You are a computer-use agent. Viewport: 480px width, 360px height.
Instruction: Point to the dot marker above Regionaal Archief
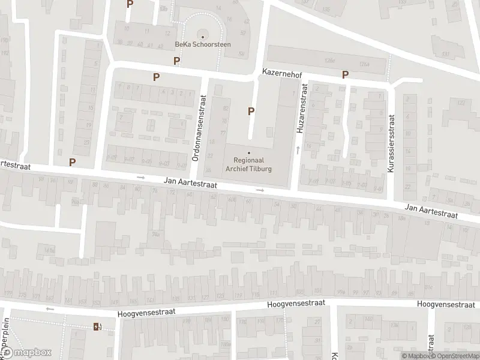pos(249,152)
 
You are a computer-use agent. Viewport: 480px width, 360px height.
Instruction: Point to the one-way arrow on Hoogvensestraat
pos(50,309)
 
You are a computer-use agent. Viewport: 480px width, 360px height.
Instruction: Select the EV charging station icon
pos(96,326)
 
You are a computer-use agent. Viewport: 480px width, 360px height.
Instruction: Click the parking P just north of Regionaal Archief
pos(251,110)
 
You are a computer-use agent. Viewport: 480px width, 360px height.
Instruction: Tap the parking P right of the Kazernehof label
pos(345,74)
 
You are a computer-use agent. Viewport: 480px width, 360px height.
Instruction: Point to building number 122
pos(463,103)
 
